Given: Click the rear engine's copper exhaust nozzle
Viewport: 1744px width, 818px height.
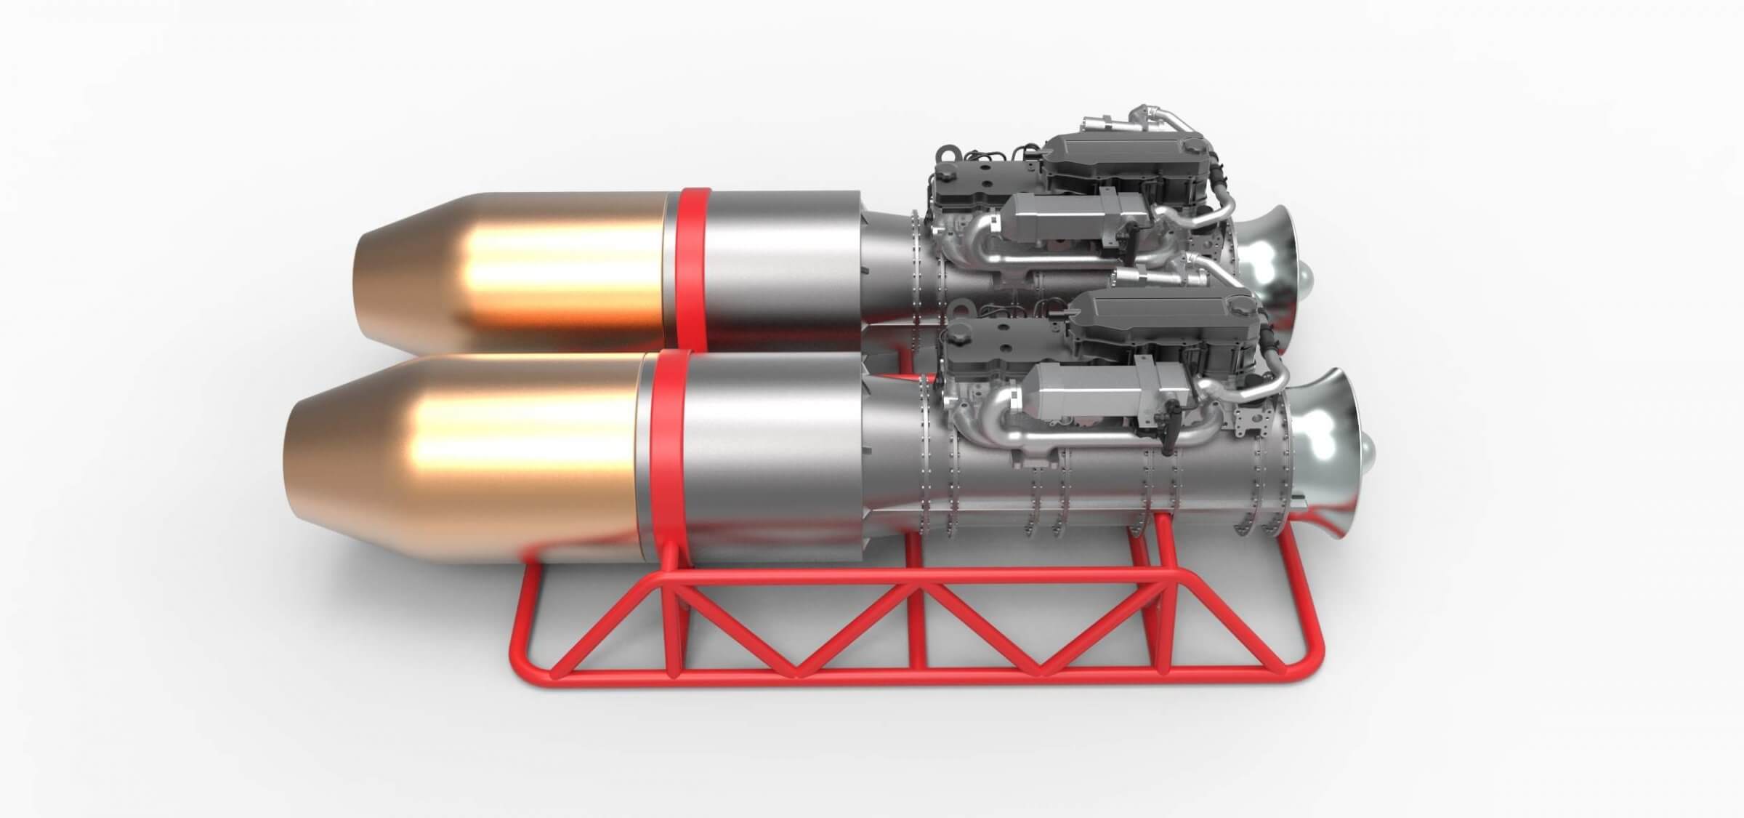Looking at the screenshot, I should click(x=509, y=269).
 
